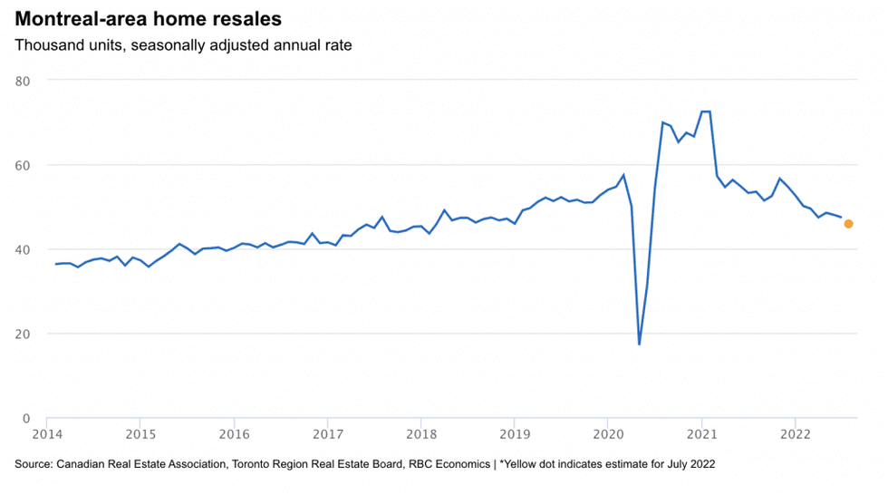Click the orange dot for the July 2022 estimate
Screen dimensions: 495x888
click(x=848, y=224)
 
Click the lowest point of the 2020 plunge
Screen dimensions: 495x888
click(x=639, y=345)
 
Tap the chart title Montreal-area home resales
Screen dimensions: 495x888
click(x=149, y=18)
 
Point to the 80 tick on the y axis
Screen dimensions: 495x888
click(x=24, y=81)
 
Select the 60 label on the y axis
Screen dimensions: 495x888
click(x=24, y=165)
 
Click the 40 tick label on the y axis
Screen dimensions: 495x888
click(x=24, y=249)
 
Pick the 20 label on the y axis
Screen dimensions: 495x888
click(x=24, y=334)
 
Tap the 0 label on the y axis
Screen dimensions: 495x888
click(x=26, y=418)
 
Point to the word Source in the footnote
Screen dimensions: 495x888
click(x=33, y=464)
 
